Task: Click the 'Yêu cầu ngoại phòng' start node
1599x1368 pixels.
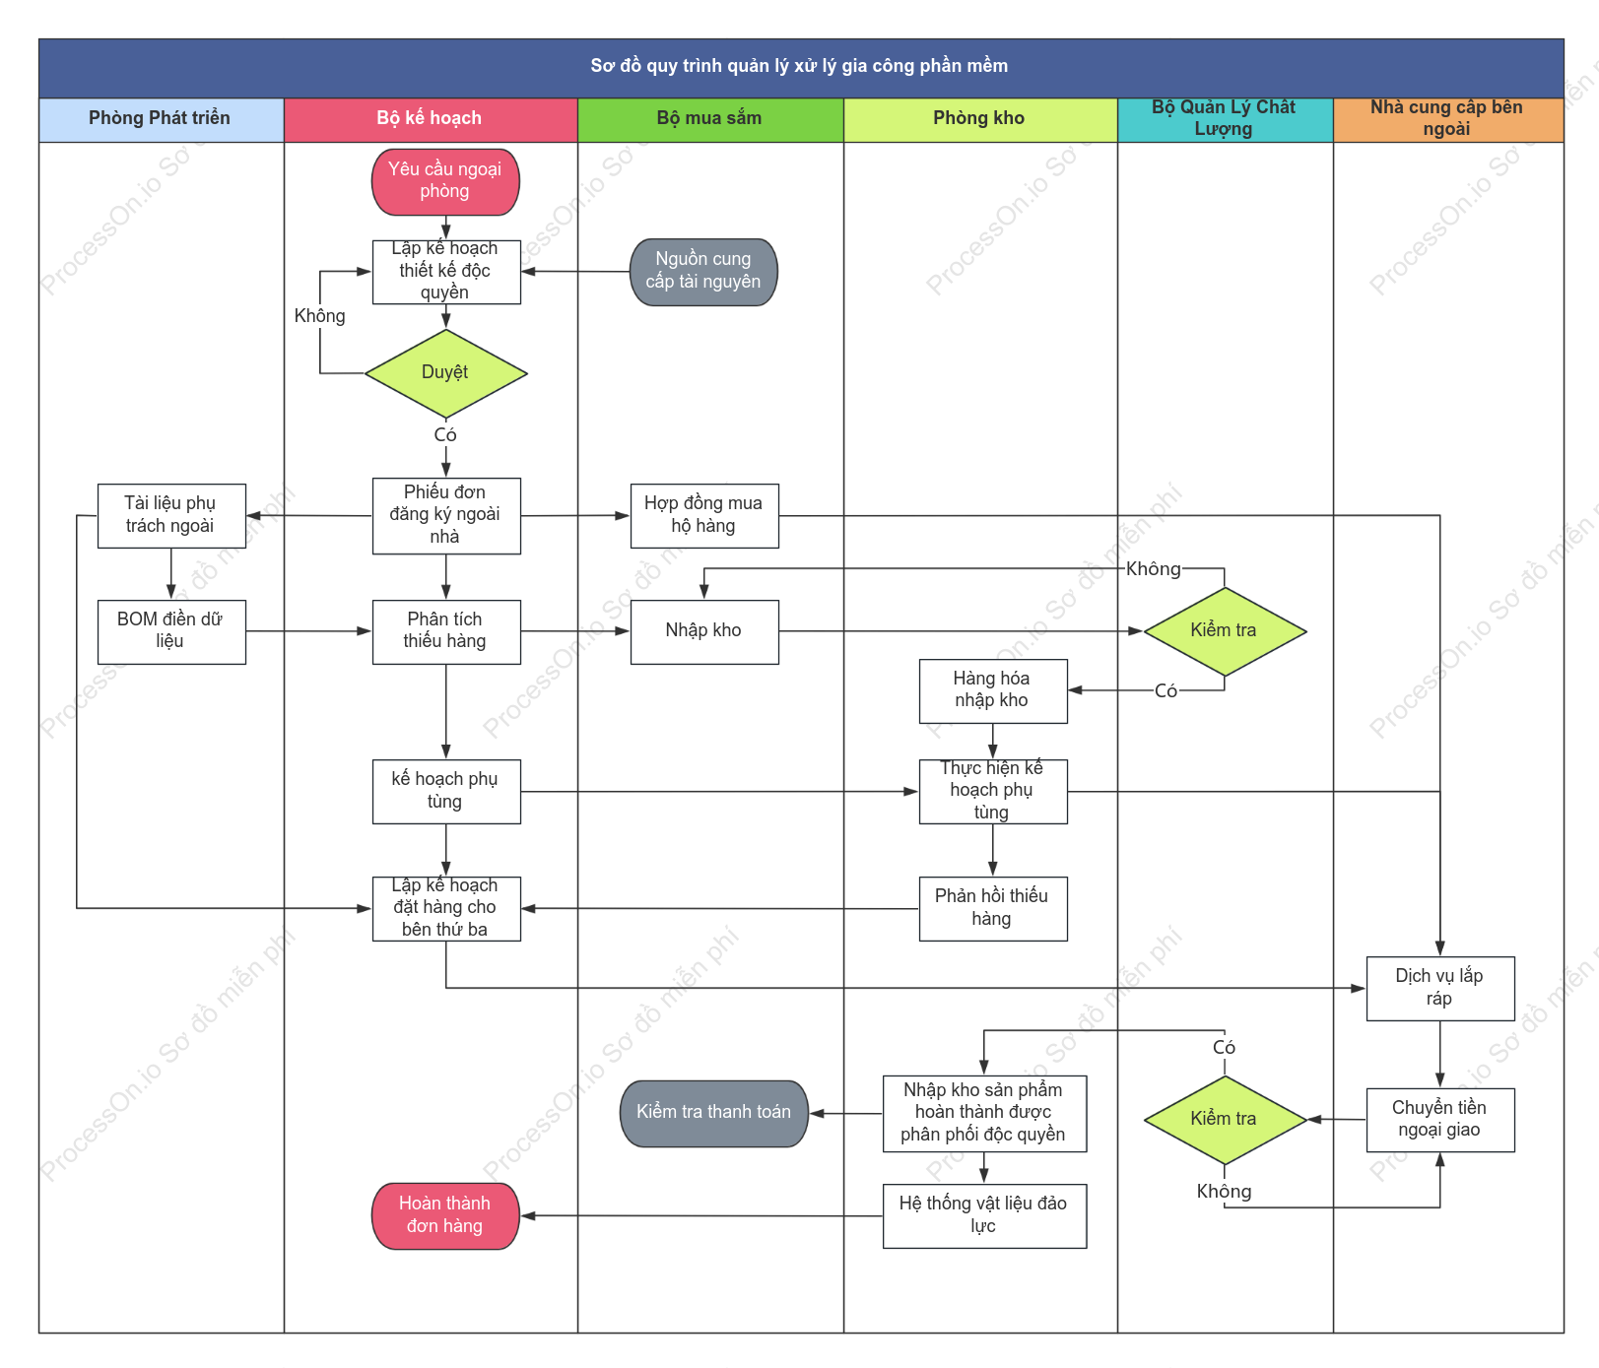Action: click(x=445, y=181)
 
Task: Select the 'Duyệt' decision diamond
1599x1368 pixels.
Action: click(x=446, y=373)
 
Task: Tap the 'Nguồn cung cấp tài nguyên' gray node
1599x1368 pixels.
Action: click(x=703, y=272)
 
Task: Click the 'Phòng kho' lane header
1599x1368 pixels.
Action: click(x=980, y=119)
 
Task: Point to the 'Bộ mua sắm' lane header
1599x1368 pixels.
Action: click(x=710, y=119)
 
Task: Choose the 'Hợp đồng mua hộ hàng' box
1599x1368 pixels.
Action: click(x=704, y=515)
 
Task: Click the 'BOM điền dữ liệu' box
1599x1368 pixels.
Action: click(x=171, y=631)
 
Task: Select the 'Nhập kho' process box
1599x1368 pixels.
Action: click(x=704, y=631)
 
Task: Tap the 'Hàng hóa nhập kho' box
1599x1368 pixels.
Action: click(x=993, y=690)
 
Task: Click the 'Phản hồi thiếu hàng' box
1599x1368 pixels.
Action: click(x=993, y=908)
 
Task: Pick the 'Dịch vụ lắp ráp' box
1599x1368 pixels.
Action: click(x=1440, y=988)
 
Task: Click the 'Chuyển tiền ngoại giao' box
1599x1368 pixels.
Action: click(x=1440, y=1120)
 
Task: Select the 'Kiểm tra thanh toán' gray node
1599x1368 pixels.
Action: click(x=714, y=1113)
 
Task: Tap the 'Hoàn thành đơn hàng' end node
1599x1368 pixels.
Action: click(x=445, y=1215)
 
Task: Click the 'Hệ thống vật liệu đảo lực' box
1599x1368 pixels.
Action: click(x=984, y=1215)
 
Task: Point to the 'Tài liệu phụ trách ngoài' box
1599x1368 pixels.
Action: click(x=171, y=515)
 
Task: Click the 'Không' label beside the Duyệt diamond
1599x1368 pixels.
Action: click(x=320, y=316)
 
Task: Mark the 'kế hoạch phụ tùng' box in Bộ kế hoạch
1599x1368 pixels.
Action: click(x=446, y=791)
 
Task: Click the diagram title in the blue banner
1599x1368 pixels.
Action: click(x=799, y=66)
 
